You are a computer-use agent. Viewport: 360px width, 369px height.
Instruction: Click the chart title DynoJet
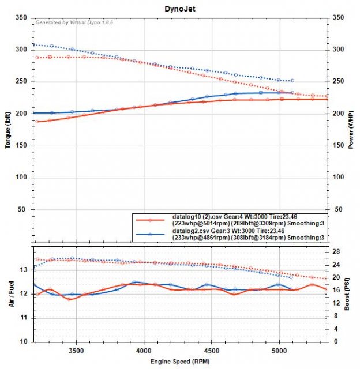pos(179,8)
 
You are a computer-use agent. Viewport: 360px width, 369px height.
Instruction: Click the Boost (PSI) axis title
pos(350,294)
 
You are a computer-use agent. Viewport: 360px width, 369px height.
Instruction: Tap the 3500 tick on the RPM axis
pos(76,349)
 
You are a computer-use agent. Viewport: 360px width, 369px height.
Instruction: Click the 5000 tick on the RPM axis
pos(280,349)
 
